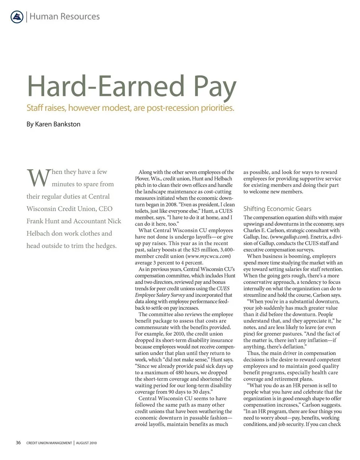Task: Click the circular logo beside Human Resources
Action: pyautogui.click(x=17, y=17)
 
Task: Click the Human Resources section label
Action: pyautogui.click(x=64, y=17)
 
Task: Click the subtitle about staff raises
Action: pyautogui.click(x=130, y=108)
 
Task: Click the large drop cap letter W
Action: pyautogui.click(x=37, y=179)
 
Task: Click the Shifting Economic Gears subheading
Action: pyautogui.click(x=277, y=209)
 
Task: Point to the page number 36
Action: pyautogui.click(x=18, y=443)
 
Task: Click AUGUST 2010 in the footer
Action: pyautogui.click(x=86, y=443)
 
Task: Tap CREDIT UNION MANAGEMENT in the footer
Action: pyautogui.click(x=49, y=443)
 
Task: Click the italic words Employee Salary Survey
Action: pyautogui.click(x=160, y=295)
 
